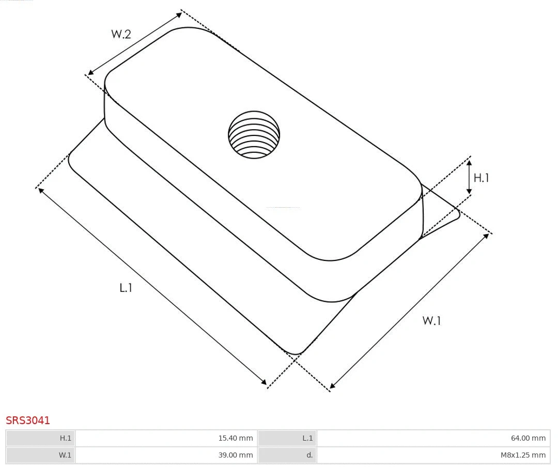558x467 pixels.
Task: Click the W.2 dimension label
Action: (x=121, y=34)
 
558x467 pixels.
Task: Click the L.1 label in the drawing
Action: (x=126, y=288)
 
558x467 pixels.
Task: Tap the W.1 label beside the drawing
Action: (x=431, y=320)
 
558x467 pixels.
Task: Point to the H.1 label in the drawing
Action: (x=481, y=178)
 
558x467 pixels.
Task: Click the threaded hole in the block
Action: (x=254, y=135)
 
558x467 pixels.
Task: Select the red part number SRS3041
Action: (x=28, y=421)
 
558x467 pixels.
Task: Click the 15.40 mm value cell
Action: (x=166, y=438)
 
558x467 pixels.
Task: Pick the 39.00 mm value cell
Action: (x=166, y=455)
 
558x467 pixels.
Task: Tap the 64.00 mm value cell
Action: (x=433, y=438)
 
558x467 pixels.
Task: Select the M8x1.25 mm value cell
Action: (x=433, y=455)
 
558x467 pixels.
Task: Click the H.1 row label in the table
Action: (x=40, y=438)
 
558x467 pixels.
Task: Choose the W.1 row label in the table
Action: (x=40, y=455)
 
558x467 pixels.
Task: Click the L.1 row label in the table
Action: (x=287, y=438)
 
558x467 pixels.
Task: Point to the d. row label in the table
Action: (x=287, y=455)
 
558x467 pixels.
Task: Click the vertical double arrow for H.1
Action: (x=469, y=177)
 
